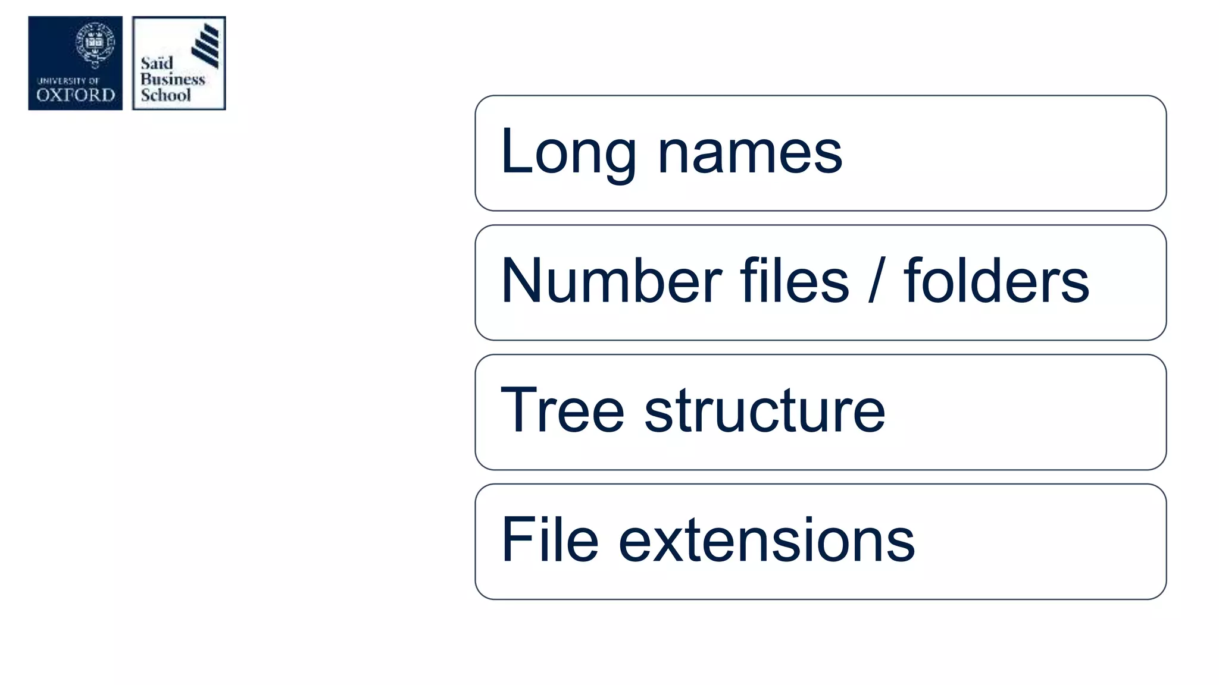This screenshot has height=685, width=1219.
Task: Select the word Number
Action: pos(611,281)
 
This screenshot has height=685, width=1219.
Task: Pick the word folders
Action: pos(996,281)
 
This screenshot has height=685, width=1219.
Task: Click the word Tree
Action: pos(562,410)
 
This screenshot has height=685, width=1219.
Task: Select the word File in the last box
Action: pos(549,540)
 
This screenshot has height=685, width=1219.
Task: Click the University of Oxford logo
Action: pos(76,63)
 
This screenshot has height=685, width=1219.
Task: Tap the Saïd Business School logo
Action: pos(179,63)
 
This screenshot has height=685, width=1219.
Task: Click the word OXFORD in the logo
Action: pos(76,95)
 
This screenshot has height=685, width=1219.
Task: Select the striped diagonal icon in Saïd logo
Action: pos(206,45)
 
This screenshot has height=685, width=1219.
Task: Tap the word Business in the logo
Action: pos(173,79)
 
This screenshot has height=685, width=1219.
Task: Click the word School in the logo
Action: pos(165,95)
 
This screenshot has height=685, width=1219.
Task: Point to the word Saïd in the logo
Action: pos(157,63)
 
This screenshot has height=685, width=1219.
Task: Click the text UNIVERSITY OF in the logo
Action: pos(68,81)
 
